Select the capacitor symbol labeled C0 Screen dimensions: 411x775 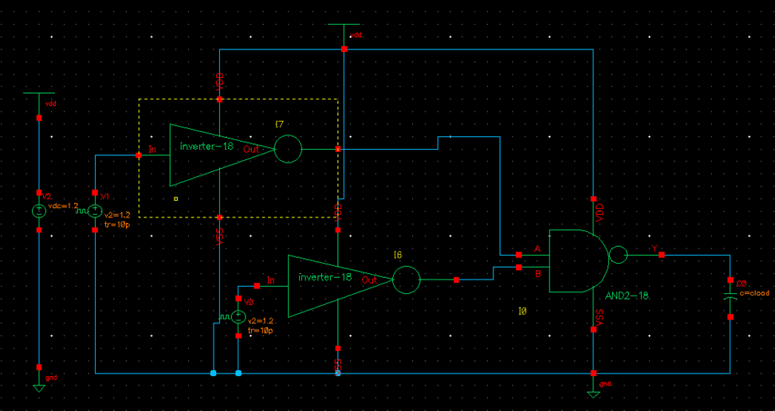730,296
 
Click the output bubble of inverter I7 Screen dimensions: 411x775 288,149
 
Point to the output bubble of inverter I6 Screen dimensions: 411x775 406,280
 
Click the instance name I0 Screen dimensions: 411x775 523,311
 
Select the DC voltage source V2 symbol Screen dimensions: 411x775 39,211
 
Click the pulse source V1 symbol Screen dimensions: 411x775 95,211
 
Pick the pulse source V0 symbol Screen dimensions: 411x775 238,317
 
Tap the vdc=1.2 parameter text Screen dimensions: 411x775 64,205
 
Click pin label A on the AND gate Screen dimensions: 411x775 537,249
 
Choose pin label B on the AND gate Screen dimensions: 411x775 537,273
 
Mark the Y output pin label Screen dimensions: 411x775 655,249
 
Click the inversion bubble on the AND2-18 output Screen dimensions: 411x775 618,255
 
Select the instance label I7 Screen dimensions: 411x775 279,124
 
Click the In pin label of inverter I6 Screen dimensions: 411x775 271,280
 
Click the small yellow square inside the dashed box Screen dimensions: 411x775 176,199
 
